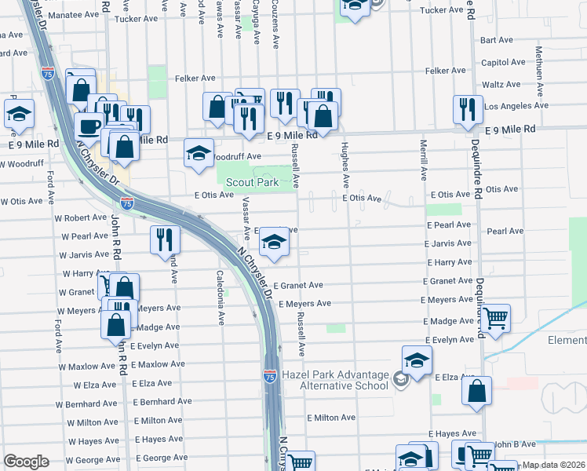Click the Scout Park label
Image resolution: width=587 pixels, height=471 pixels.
pos(253,182)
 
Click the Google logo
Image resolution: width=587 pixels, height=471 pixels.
pos(26,462)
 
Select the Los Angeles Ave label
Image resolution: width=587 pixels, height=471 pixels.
pos(516,105)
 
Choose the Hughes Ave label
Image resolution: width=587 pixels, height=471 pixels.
pos(345,162)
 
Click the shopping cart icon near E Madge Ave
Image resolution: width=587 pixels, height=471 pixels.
pos(495,319)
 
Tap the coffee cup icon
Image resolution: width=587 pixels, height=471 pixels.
pos(89,126)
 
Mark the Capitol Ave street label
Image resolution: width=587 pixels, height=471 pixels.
pos(503,62)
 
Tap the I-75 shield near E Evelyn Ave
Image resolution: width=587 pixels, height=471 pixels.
pos(269,376)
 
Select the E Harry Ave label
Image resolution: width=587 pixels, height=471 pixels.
pos(449,261)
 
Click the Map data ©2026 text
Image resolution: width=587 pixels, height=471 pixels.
pos(554,465)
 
